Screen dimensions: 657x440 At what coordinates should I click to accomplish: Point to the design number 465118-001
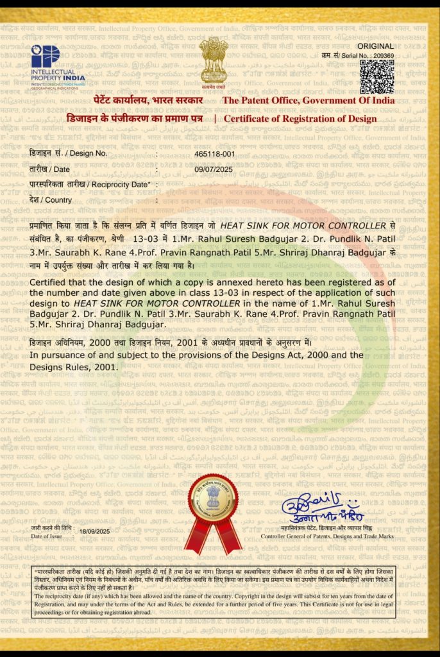pyautogui.click(x=214, y=154)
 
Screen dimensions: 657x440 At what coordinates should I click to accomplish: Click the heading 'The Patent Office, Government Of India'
pyautogui.click(x=308, y=101)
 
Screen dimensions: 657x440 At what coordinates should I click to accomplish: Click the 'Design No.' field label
pyautogui.click(x=68, y=154)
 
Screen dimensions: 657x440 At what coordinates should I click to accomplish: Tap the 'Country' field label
pyautogui.click(x=51, y=200)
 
